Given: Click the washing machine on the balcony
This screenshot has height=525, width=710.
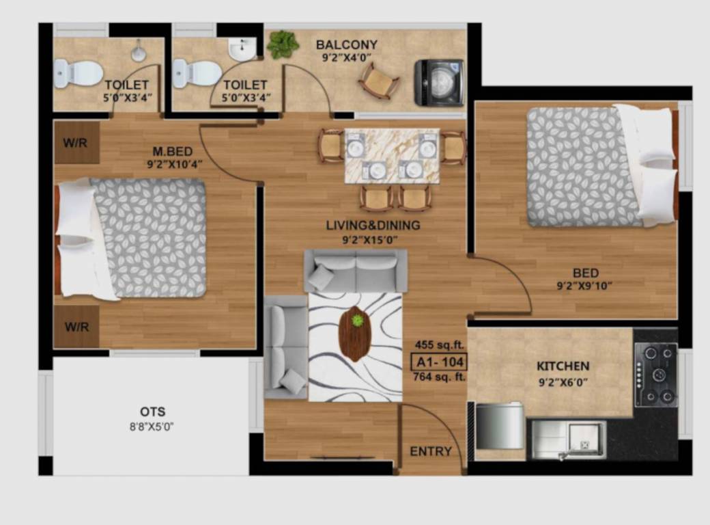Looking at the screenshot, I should pyautogui.click(x=439, y=83).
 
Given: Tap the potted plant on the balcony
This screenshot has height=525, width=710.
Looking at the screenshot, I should pyautogui.click(x=282, y=44).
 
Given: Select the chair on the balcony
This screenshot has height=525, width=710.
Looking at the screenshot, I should pyautogui.click(x=379, y=81).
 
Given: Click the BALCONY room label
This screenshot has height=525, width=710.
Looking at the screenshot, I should pyautogui.click(x=346, y=45).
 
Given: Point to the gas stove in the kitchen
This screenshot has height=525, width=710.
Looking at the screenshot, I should pyautogui.click(x=656, y=375).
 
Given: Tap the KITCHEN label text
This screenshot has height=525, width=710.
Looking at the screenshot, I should pyautogui.click(x=563, y=366).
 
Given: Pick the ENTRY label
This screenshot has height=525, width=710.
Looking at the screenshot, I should pyautogui.click(x=431, y=451).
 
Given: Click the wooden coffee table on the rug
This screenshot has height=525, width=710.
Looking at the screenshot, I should pyautogui.click(x=355, y=333).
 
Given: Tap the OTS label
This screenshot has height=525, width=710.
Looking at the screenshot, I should pyautogui.click(x=153, y=412).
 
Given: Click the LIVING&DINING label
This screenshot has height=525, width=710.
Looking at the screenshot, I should pyautogui.click(x=373, y=225).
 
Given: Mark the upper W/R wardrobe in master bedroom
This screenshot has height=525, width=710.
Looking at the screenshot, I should pyautogui.click(x=77, y=143).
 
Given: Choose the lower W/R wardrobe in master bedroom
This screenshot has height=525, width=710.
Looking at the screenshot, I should pyautogui.click(x=77, y=327).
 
